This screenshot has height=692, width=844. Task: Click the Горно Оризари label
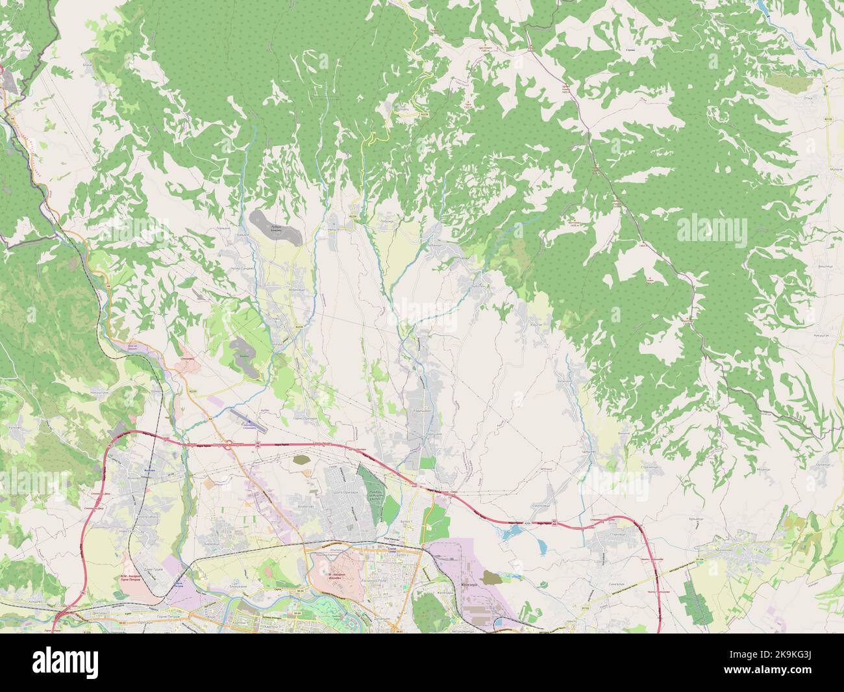coord(304,419)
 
